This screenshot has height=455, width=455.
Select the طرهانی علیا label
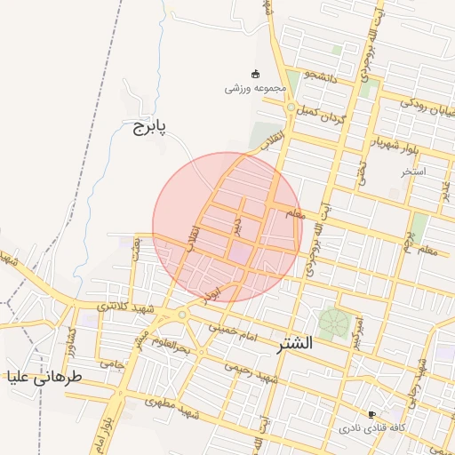pos(44,377)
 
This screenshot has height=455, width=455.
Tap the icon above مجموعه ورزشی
pos(256,74)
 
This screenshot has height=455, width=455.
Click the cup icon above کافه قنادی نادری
pos(371,414)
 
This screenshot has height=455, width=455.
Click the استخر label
pos(413,170)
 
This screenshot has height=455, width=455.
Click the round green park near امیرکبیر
pos(334,322)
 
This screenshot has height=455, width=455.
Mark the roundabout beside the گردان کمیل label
pos(291,108)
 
